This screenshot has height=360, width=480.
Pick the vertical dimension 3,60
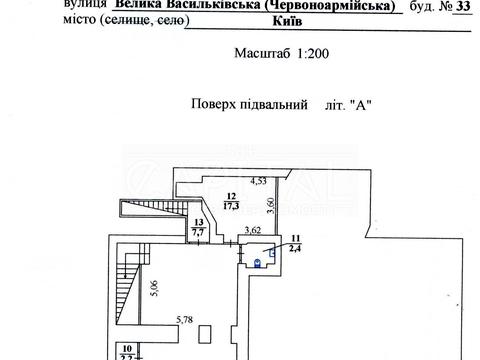pos(271,208)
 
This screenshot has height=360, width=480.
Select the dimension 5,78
pos(185,320)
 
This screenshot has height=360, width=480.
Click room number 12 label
pos(230,197)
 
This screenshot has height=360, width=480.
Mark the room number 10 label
pos(114,347)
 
